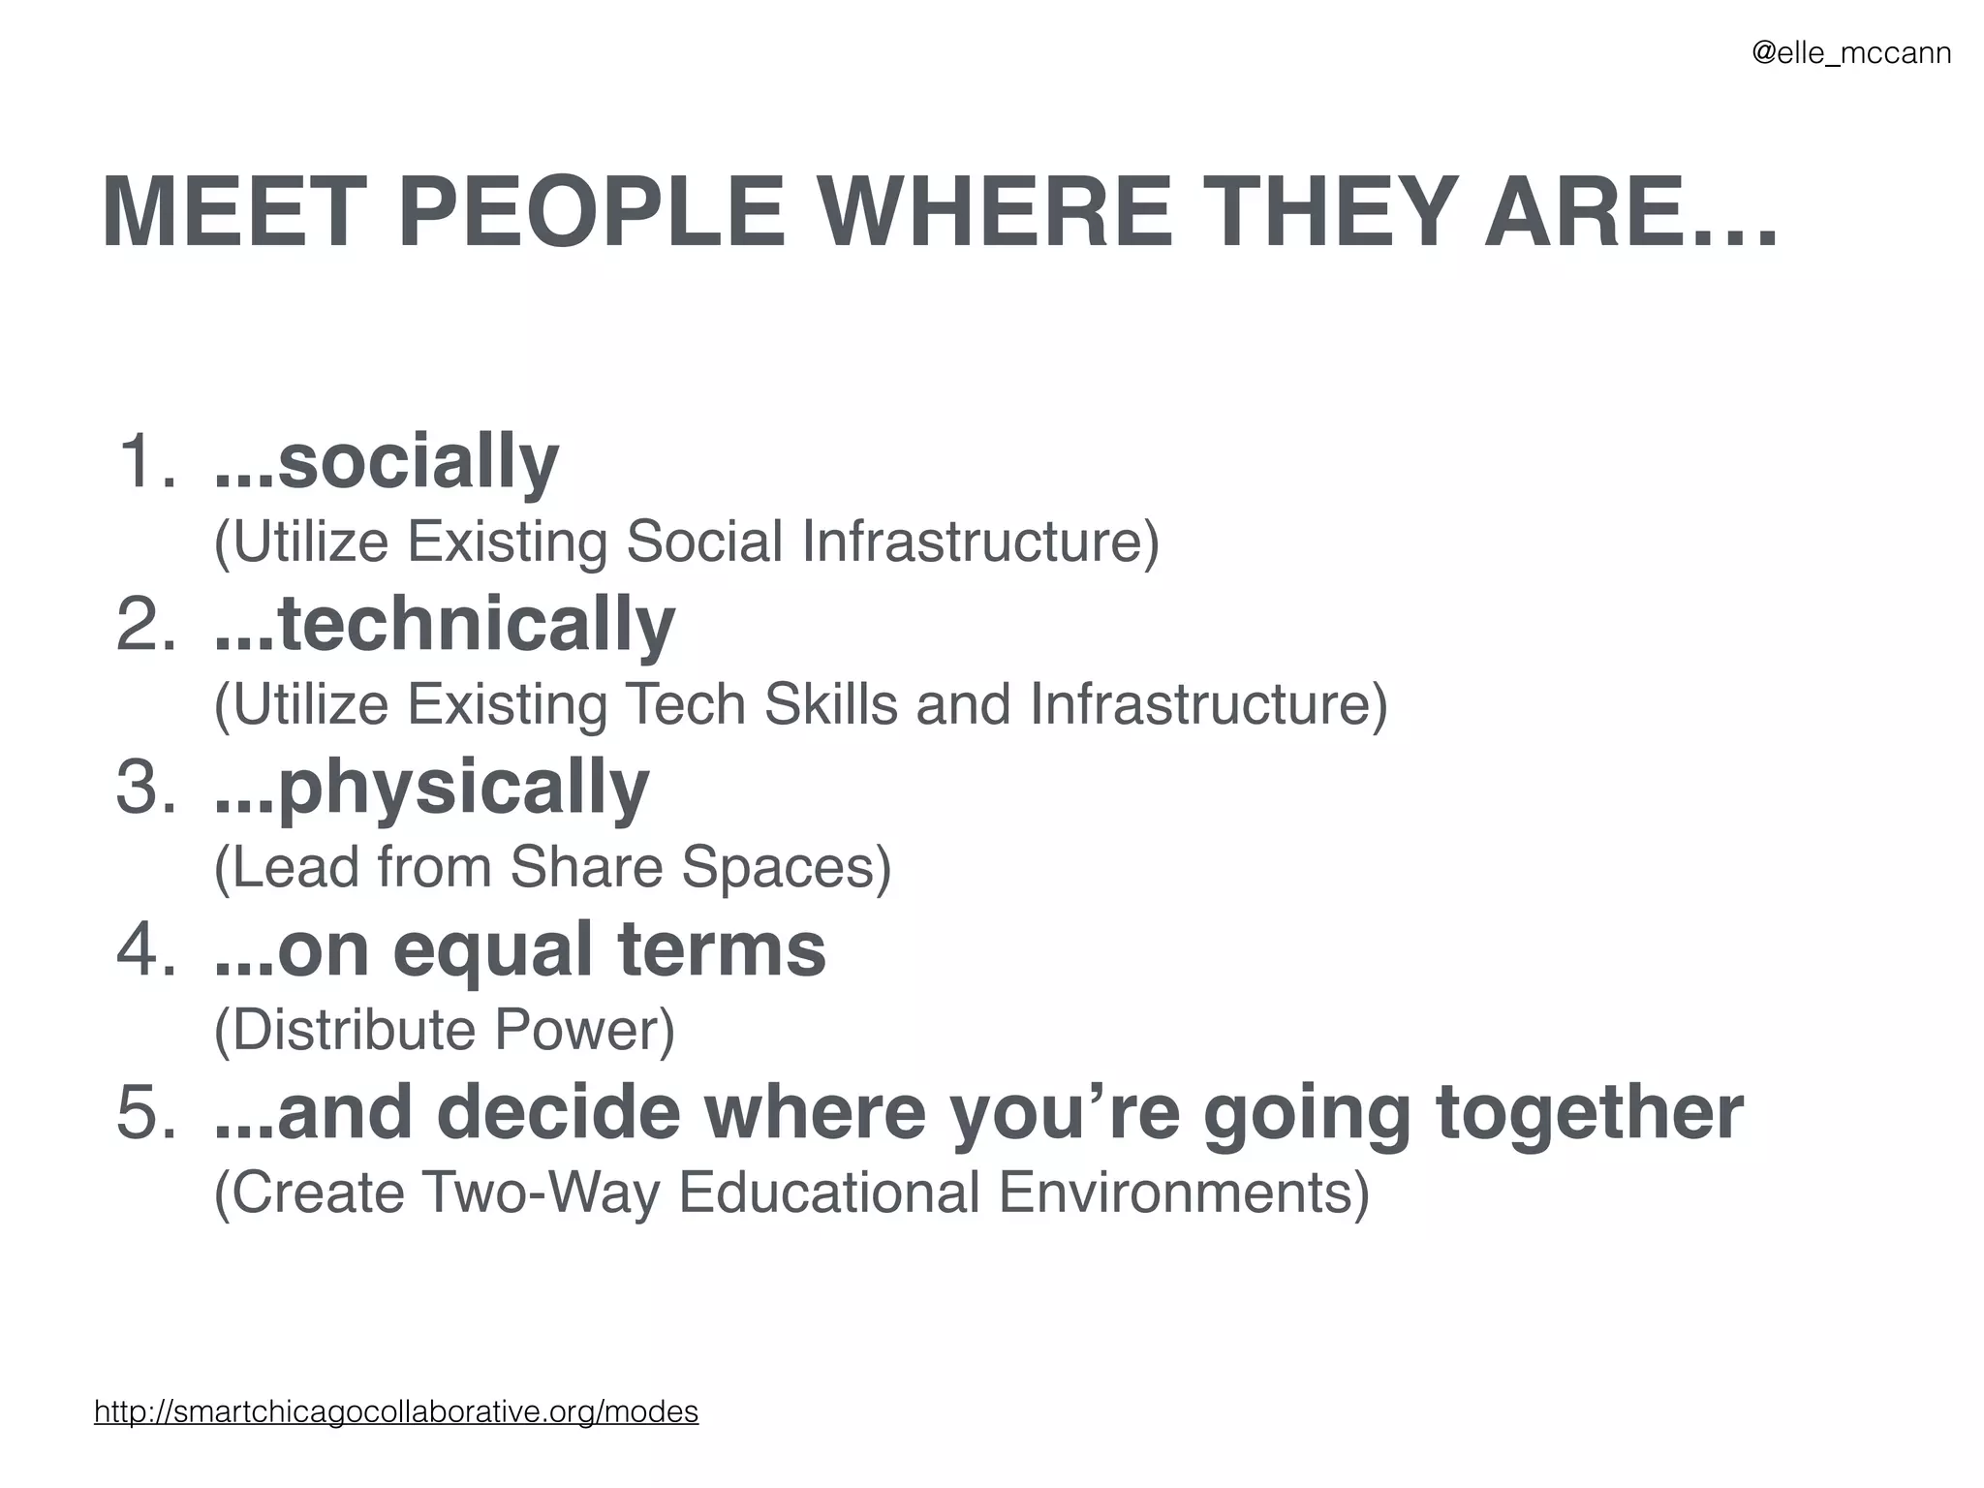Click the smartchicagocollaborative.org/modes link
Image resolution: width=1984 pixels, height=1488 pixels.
pos(396,1411)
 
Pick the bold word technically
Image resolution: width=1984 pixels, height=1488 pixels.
pos(475,624)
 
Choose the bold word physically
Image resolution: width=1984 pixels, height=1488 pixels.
pos(462,789)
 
